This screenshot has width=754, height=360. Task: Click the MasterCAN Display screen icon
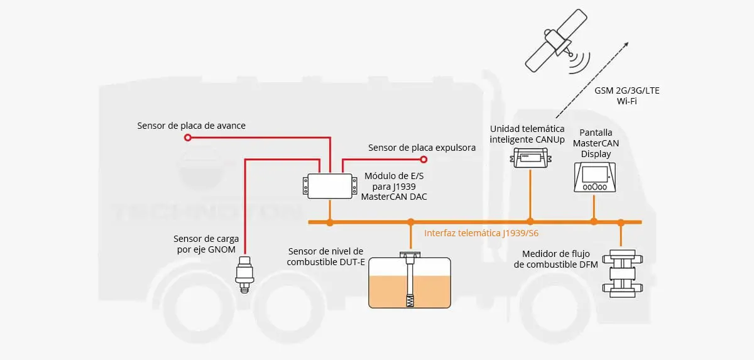pyautogui.click(x=595, y=177)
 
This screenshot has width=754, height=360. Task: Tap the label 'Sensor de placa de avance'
pyautogui.click(x=191, y=126)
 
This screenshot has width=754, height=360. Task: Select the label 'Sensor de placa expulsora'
pyautogui.click(x=422, y=148)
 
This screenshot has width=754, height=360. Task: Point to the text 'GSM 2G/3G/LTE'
pyautogui.click(x=626, y=90)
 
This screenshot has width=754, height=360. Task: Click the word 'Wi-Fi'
pyautogui.click(x=626, y=101)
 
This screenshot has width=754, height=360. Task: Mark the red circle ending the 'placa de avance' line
pyautogui.click(x=187, y=138)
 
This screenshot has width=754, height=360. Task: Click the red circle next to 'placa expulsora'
pyautogui.click(x=423, y=160)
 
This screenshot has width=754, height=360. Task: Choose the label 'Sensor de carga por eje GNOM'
pyautogui.click(x=204, y=244)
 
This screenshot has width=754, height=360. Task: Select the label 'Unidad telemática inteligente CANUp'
pyautogui.click(x=527, y=134)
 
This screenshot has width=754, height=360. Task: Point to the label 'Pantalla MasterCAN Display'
pyautogui.click(x=596, y=143)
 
